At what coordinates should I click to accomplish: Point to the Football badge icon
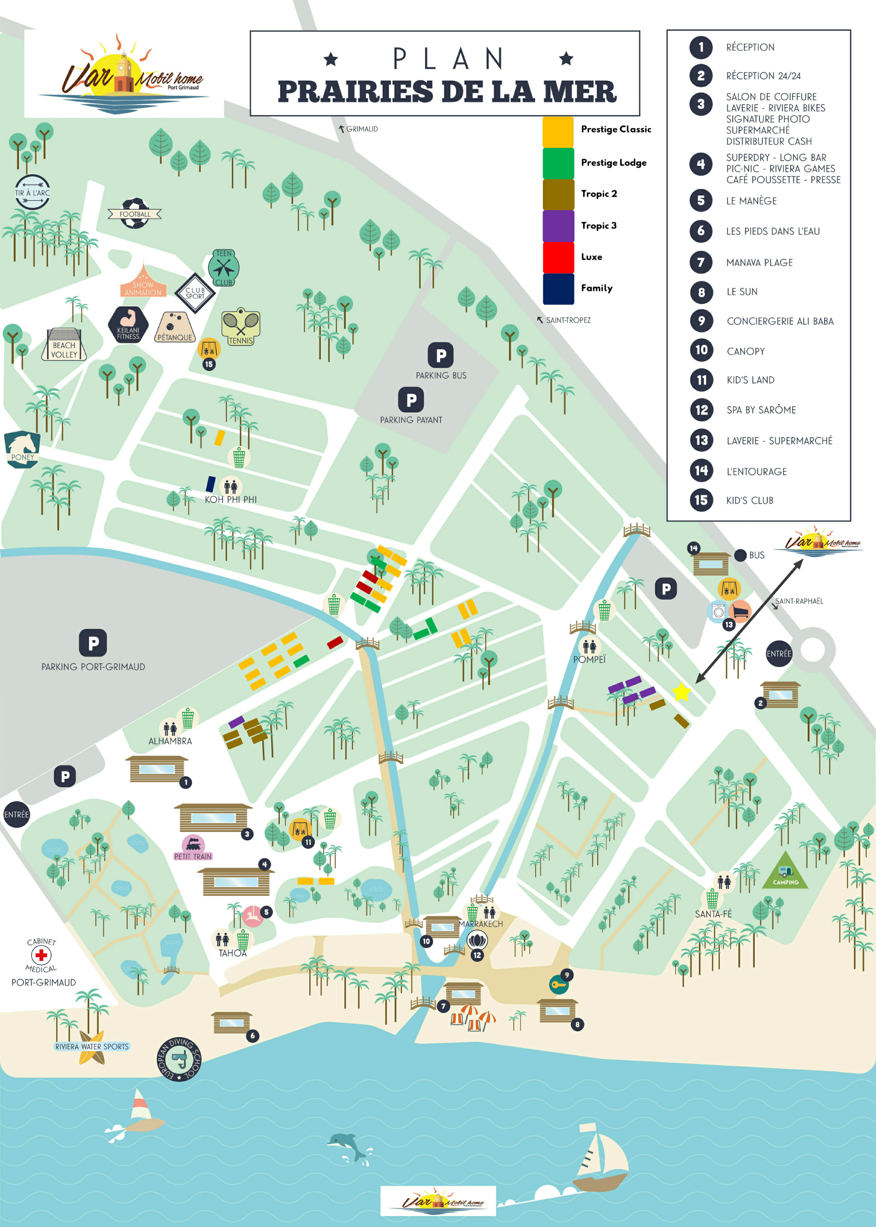click(x=135, y=213)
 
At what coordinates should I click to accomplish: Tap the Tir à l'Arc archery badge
click(x=32, y=192)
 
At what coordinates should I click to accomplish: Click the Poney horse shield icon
click(x=22, y=449)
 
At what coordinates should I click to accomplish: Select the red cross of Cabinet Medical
click(x=41, y=955)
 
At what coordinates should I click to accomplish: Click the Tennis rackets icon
click(x=241, y=325)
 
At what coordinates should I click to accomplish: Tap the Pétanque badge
click(x=175, y=326)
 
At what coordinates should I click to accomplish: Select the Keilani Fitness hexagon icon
click(x=128, y=325)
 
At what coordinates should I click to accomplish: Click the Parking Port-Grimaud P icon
click(x=93, y=643)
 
